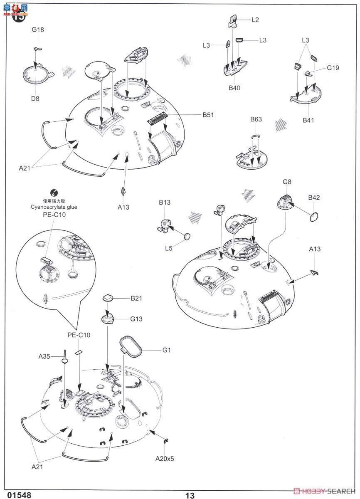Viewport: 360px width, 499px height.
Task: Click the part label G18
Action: pyautogui.click(x=38, y=30)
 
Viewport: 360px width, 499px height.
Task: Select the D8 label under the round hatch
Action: pyautogui.click(x=36, y=99)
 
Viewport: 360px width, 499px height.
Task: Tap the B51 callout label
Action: pyautogui.click(x=209, y=115)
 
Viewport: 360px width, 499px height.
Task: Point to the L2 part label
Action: pyautogui.click(x=255, y=20)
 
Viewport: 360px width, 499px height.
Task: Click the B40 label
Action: pyautogui.click(x=234, y=88)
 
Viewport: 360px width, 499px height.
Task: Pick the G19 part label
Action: pyautogui.click(x=333, y=67)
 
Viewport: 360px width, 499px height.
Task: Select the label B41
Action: pyautogui.click(x=308, y=121)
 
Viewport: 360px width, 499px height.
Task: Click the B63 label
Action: pyautogui.click(x=256, y=119)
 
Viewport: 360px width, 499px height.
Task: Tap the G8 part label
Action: pyautogui.click(x=287, y=182)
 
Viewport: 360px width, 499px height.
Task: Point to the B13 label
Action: pyautogui.click(x=165, y=203)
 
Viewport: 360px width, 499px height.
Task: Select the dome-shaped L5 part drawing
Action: pyautogui.click(x=188, y=237)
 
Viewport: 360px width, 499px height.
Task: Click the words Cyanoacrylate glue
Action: pyautogui.click(x=54, y=207)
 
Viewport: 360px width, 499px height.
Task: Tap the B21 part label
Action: pyautogui.click(x=136, y=298)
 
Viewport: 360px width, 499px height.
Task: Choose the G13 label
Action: pyautogui.click(x=136, y=319)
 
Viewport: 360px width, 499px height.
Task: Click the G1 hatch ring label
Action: pyautogui.click(x=167, y=350)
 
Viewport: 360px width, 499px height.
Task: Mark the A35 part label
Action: pyautogui.click(x=44, y=356)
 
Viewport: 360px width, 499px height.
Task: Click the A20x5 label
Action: pyautogui.click(x=165, y=459)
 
